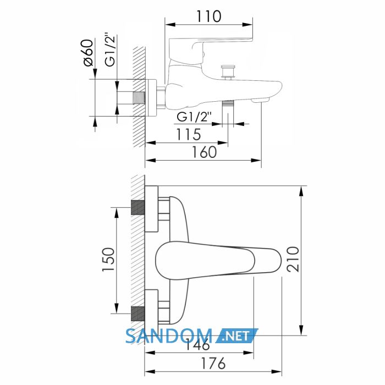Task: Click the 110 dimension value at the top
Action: click(208, 16)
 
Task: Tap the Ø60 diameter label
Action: click(89, 53)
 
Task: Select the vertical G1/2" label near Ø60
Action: click(110, 49)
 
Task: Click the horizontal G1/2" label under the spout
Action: click(194, 117)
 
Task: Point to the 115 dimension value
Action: click(189, 135)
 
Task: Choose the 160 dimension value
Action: click(204, 152)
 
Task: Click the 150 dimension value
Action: click(108, 260)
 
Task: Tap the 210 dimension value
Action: click(293, 259)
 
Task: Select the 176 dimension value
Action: click(213, 363)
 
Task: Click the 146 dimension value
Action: click(197, 344)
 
